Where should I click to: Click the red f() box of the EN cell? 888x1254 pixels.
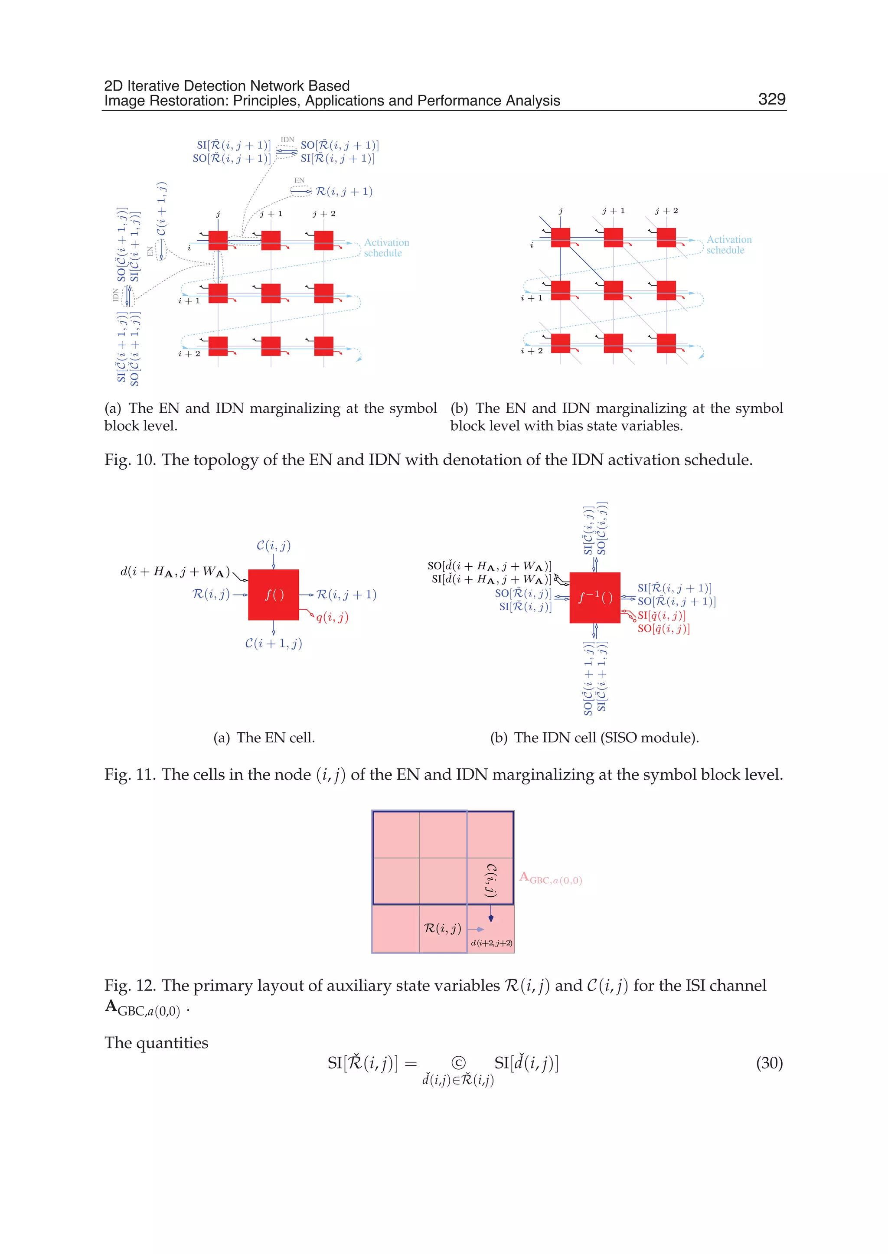(274, 594)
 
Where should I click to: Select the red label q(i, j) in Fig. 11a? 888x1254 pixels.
(332, 617)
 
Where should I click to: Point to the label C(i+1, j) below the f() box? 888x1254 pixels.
(274, 643)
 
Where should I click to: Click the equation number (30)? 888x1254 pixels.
(769, 1063)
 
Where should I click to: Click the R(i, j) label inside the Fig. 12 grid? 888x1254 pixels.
(442, 928)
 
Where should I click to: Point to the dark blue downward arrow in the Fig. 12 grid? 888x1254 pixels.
(490, 914)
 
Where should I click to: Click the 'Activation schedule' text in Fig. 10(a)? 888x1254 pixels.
(386, 248)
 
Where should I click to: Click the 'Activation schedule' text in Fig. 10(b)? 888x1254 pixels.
(728, 245)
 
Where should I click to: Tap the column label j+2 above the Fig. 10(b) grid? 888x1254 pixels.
(666, 211)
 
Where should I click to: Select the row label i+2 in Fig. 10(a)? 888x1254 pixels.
(189, 354)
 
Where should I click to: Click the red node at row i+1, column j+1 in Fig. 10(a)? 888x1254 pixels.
(271, 293)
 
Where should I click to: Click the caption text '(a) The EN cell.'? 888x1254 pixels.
(264, 737)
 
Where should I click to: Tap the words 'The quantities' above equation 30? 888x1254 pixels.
(157, 1042)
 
